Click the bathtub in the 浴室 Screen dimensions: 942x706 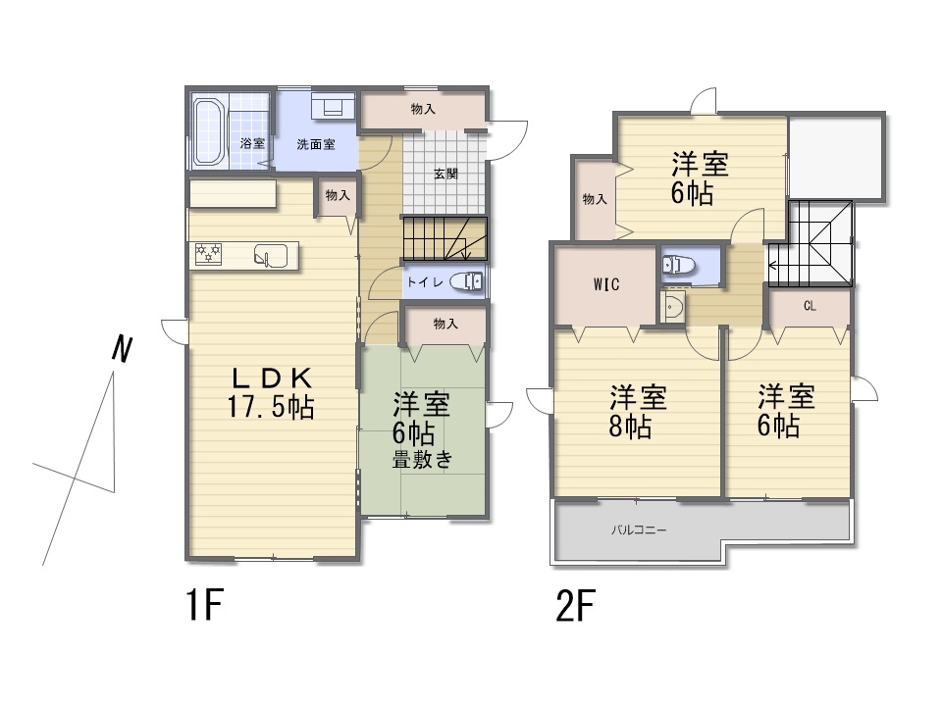coord(209,132)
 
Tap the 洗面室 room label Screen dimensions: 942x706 coord(315,145)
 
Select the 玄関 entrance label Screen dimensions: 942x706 coord(445,175)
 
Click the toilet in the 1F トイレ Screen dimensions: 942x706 coord(466,281)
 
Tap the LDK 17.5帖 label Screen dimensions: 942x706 coord(272,392)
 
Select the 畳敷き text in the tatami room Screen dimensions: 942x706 coord(422,461)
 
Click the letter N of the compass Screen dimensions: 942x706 coord(122,349)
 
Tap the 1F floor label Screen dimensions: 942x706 coord(205,605)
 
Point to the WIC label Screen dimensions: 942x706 coord(606,284)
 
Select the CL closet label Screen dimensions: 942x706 coord(810,306)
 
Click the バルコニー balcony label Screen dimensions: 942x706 coord(639,530)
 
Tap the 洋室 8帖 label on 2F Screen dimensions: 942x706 coord(638,412)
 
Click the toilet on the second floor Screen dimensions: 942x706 coord(678,264)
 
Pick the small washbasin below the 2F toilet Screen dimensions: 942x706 coord(673,307)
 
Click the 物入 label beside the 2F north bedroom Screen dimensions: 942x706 coord(595,199)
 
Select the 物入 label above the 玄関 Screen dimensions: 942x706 coord(423,109)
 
